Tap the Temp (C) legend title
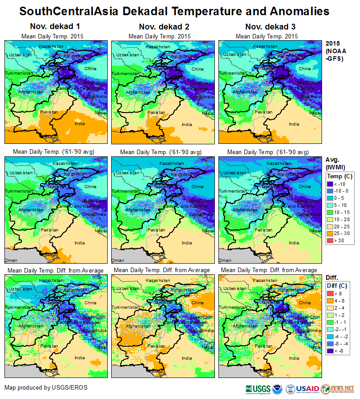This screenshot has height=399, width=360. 339,176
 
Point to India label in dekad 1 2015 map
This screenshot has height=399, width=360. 80,124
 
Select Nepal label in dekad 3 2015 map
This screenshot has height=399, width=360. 315,113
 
